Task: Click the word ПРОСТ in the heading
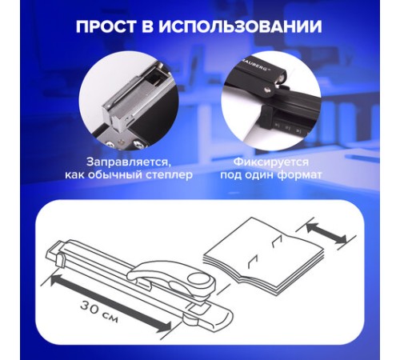pos(106,26)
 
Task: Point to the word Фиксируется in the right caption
pos(271,162)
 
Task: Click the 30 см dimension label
pos(99,311)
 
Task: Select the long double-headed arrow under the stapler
pos(110,304)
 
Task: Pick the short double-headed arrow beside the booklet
pos(326,234)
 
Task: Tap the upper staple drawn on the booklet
pos(277,241)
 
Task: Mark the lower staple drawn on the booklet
pos(252,262)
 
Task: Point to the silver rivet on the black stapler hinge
pos(267,89)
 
